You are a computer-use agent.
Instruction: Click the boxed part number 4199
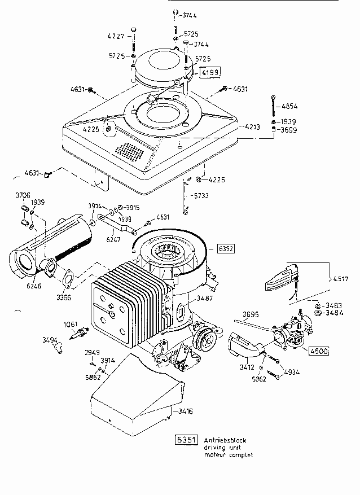(x=208, y=72)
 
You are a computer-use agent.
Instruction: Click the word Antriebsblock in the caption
(x=225, y=440)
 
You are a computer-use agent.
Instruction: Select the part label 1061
(x=70, y=324)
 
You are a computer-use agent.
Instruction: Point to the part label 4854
(x=289, y=106)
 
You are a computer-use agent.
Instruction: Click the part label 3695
(x=250, y=314)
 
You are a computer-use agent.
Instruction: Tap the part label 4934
(x=292, y=372)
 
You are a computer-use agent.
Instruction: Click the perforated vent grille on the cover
(x=130, y=150)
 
